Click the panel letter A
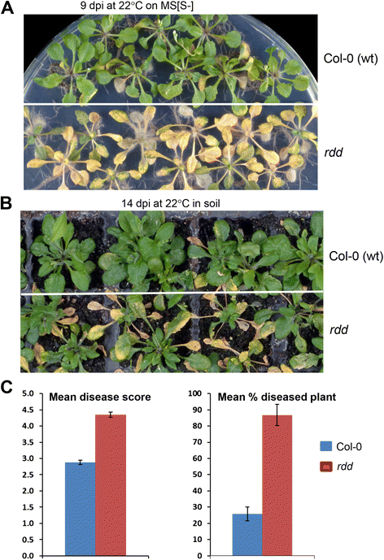(x=7, y=7)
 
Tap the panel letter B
(x=7, y=203)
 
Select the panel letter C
(x=7, y=388)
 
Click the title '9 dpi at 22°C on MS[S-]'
(x=137, y=6)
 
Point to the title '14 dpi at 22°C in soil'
(x=171, y=203)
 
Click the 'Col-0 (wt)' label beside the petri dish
(x=351, y=59)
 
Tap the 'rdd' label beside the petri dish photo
(x=334, y=152)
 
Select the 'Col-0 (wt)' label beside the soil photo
(x=356, y=256)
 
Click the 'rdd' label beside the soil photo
(x=338, y=329)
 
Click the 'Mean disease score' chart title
(x=100, y=397)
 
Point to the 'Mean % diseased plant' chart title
(x=277, y=397)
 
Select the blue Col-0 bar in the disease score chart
(x=81, y=510)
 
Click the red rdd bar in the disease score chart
(x=111, y=485)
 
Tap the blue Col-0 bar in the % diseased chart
(x=247, y=535)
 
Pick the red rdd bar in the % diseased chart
(x=277, y=486)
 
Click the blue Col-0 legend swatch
(x=326, y=446)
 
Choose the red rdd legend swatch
(x=326, y=467)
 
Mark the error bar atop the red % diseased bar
(x=277, y=415)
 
